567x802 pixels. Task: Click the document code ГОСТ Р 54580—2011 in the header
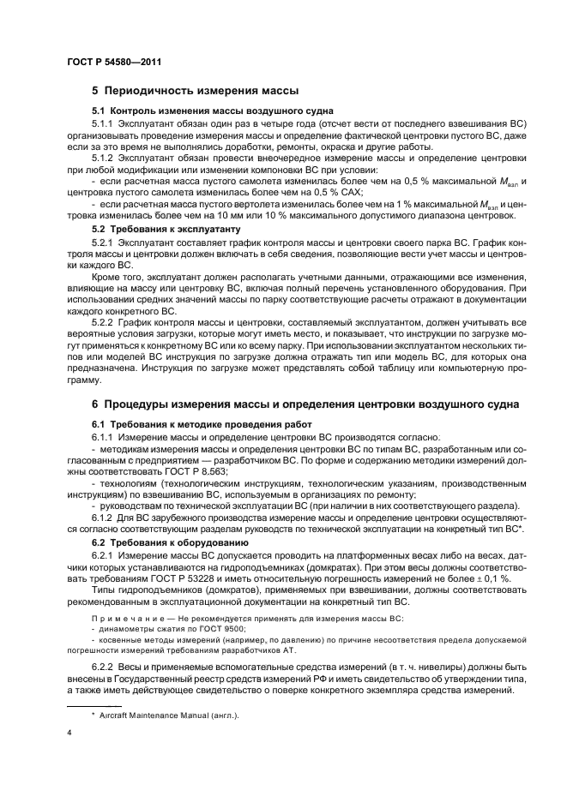113,62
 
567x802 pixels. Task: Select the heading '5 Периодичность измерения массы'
195,90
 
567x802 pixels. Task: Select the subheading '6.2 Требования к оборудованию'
170,543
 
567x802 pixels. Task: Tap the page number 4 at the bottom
69,733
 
